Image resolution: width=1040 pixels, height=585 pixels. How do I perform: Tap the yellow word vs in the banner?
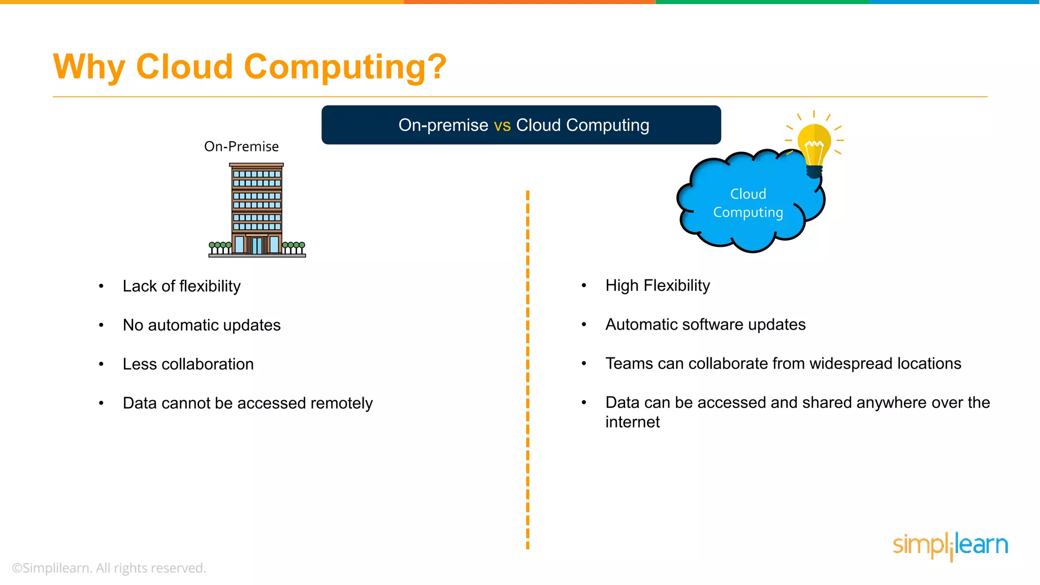(502, 125)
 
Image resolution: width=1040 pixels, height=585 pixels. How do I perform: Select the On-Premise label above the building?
(241, 146)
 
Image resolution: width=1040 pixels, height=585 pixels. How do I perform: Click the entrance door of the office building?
(257, 245)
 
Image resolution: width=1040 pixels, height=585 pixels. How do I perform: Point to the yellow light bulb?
(814, 145)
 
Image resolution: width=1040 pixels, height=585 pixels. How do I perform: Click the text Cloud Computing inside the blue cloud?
(748, 203)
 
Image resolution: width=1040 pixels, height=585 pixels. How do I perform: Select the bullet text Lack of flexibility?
(181, 286)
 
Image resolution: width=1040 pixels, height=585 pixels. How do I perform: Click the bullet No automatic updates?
(202, 325)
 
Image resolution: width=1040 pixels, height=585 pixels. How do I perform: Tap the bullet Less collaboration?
(188, 364)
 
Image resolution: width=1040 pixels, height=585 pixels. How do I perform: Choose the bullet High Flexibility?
(657, 285)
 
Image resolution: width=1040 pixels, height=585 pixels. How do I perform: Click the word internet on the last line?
(632, 422)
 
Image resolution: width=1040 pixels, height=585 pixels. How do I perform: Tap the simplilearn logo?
(950, 545)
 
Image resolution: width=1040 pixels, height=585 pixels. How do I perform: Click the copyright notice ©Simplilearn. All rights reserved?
(109, 568)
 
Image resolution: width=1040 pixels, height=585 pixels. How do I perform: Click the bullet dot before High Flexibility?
(584, 285)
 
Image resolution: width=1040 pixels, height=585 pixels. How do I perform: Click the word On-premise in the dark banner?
(443, 125)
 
